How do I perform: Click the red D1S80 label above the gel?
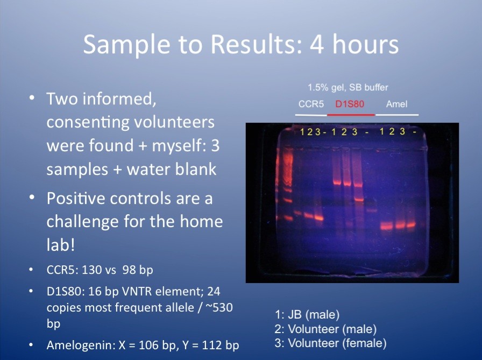point(350,104)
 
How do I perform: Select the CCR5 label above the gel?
point(311,104)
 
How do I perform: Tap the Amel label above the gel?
point(396,104)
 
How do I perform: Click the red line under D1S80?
point(351,115)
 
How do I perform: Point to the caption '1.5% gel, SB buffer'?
point(348,87)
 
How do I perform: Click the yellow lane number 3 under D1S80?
point(355,132)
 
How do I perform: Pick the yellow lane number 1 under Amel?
point(382,132)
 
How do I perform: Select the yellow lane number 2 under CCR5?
point(309,132)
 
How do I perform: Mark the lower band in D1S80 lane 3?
point(359,200)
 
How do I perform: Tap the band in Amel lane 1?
point(386,227)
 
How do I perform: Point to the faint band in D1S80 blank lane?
point(371,210)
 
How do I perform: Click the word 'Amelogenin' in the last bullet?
point(80,345)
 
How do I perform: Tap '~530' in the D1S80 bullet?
point(218,307)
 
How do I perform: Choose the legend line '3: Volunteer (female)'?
point(330,343)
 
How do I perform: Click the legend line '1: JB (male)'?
point(307,315)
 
